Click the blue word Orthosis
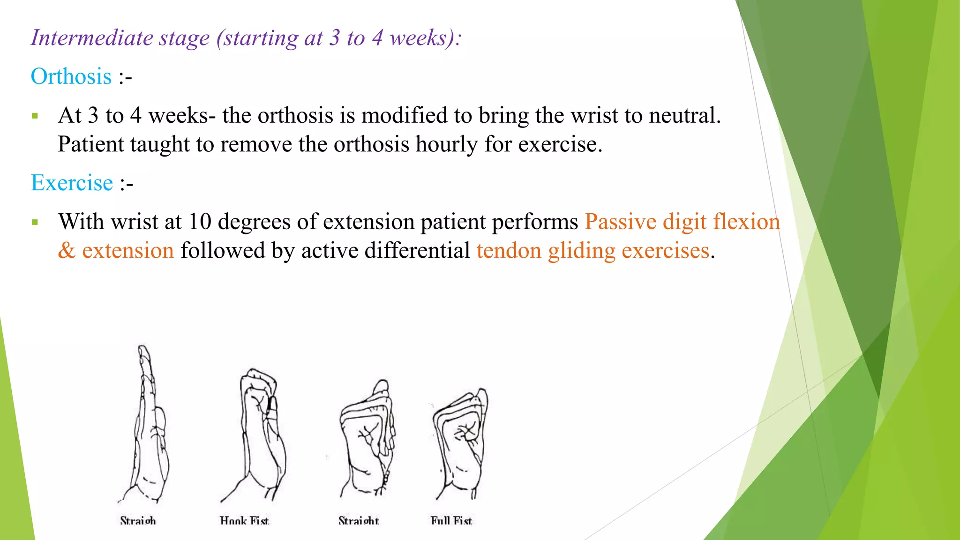point(71,76)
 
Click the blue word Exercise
point(72,183)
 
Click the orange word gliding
point(581,251)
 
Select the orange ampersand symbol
point(67,251)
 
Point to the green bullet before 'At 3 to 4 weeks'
point(35,116)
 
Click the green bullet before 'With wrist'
point(35,222)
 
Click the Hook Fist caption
point(244,520)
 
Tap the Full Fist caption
point(451,520)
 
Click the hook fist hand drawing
point(258,434)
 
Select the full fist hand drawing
point(460,443)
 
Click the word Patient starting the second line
point(90,144)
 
